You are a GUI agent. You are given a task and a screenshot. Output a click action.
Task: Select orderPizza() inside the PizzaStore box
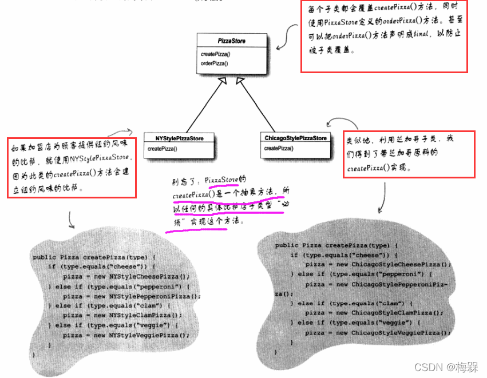[215, 63]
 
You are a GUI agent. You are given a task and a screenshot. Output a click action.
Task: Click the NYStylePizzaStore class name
[179, 138]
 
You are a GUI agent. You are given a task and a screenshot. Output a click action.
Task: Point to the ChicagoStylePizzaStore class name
[295, 138]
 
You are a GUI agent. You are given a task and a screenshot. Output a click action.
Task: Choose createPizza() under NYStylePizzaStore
[162, 149]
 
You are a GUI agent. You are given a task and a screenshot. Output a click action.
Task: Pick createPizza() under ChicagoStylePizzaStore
[279, 148]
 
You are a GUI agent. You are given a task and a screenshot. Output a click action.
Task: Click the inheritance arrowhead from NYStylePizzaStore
[222, 82]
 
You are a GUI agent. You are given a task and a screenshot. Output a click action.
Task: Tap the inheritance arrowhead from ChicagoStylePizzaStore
[240, 82]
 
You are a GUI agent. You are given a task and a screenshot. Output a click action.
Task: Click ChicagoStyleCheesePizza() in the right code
[401, 264]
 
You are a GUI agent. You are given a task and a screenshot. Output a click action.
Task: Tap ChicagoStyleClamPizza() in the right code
[397, 313]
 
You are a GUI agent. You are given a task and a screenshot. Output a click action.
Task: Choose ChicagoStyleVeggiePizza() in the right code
[401, 332]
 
